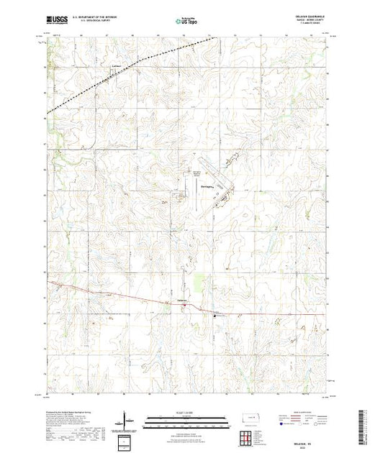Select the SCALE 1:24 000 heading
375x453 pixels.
pyautogui.click(x=186, y=413)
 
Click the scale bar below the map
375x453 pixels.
pyautogui.click(x=186, y=418)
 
